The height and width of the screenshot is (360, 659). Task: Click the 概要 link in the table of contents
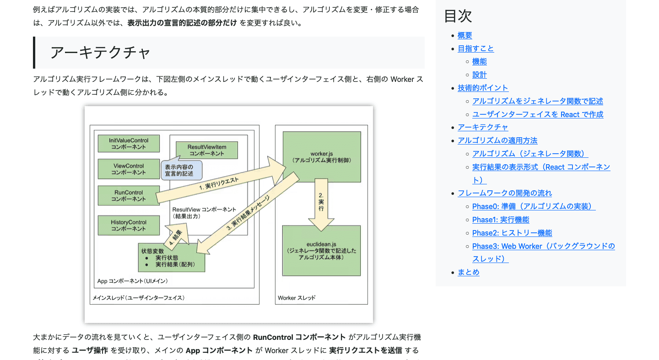(465, 35)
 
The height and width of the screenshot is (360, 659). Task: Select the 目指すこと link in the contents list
(475, 48)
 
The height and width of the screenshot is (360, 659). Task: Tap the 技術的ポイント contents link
(483, 88)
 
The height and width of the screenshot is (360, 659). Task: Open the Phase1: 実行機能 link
(501, 220)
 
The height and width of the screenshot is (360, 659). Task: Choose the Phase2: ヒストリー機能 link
(512, 233)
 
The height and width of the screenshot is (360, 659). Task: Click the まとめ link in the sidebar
(468, 272)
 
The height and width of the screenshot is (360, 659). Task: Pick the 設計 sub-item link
(479, 75)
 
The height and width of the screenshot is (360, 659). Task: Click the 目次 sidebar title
(458, 16)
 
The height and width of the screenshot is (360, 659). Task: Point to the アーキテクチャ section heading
(100, 53)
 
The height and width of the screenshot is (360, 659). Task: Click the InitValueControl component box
(129, 144)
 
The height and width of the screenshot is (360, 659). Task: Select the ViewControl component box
(129, 169)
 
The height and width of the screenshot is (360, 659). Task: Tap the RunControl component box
(129, 196)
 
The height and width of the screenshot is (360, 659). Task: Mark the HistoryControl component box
(129, 226)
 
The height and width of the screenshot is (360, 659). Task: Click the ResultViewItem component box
(207, 150)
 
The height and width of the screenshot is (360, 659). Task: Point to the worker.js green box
(321, 156)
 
